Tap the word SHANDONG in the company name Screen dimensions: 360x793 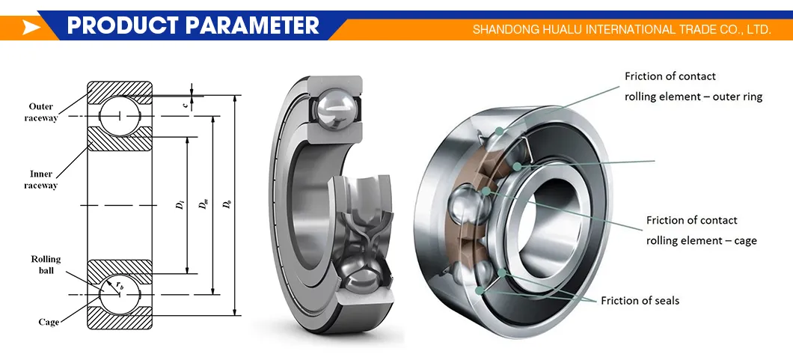(503, 30)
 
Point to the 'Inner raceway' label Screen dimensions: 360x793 (41, 180)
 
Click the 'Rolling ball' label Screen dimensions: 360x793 (46, 264)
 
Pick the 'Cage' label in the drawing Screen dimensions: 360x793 (49, 322)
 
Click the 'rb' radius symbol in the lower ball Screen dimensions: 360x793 (120, 285)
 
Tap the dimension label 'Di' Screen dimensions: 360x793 (180, 204)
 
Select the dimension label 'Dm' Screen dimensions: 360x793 (205, 204)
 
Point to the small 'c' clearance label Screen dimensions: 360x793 (185, 105)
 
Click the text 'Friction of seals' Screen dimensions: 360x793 (640, 301)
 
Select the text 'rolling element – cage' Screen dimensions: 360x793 (701, 241)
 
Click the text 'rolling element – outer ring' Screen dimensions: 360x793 (694, 97)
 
